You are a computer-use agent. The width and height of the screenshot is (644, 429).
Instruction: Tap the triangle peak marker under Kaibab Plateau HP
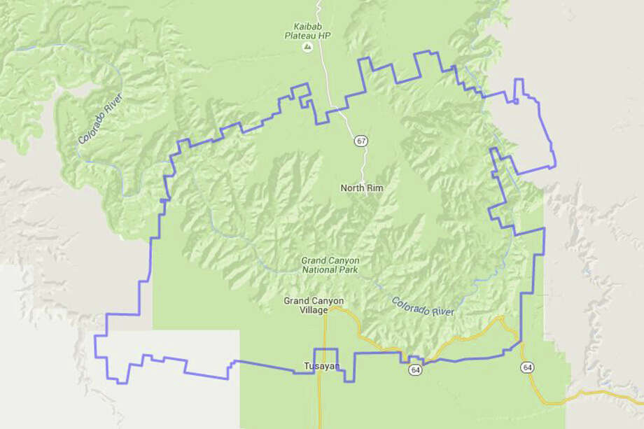tap(307, 47)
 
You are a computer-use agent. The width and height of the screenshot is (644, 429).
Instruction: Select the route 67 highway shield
tap(360, 141)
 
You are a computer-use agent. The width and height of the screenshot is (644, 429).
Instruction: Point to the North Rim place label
tap(362, 188)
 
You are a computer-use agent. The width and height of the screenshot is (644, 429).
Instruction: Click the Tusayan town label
tap(321, 366)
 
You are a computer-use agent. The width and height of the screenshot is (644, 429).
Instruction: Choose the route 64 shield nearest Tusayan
tap(416, 370)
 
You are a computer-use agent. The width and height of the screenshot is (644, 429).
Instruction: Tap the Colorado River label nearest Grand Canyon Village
tap(422, 307)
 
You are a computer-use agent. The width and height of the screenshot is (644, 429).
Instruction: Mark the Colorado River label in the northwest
tap(101, 118)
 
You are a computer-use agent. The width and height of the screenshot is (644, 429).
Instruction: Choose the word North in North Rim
tap(353, 188)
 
